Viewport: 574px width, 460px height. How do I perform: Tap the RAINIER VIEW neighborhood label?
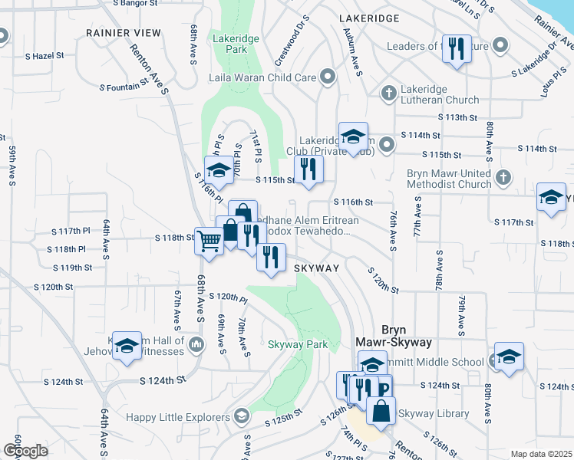click(x=124, y=33)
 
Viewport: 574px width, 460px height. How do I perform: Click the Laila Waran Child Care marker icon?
click(x=328, y=77)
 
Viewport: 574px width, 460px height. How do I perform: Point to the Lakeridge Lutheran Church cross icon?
click(x=388, y=94)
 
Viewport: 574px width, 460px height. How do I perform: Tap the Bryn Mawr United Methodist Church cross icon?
click(x=503, y=178)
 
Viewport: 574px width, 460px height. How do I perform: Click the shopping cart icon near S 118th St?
click(x=209, y=241)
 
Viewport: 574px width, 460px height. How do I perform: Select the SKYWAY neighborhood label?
click(x=316, y=268)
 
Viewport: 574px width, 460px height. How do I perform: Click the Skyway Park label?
click(x=298, y=345)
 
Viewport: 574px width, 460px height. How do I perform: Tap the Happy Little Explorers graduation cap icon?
click(x=242, y=416)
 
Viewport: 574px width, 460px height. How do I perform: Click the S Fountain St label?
click(x=125, y=87)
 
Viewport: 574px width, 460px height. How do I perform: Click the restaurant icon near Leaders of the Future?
click(x=457, y=48)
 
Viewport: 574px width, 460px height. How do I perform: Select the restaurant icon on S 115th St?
click(x=308, y=169)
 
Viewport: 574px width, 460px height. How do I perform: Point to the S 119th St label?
click(x=73, y=268)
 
